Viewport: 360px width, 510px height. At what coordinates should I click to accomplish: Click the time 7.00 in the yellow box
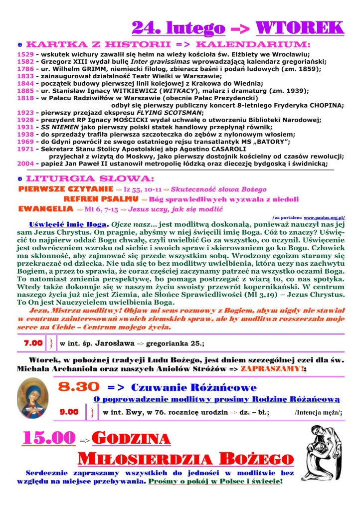click(33, 343)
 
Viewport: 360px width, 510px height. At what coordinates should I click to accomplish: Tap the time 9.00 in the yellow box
click(69, 412)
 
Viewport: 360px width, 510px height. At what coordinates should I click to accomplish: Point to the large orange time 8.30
click(78, 386)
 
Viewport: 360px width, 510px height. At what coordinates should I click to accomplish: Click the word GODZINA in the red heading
click(132, 439)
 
